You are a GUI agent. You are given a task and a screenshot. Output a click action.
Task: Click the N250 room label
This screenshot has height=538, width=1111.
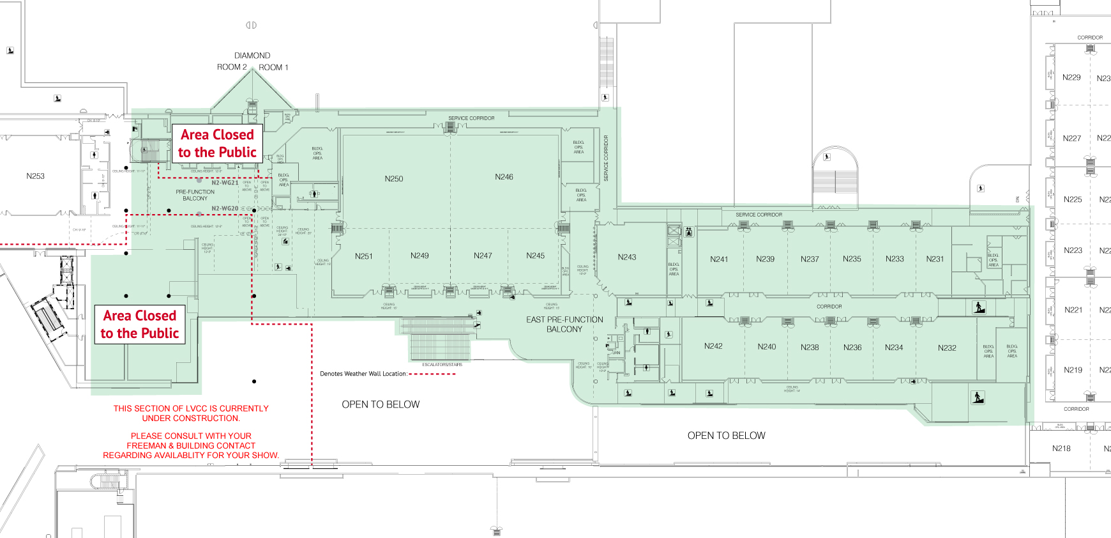393,179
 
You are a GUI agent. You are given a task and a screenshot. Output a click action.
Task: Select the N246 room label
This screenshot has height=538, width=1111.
504,177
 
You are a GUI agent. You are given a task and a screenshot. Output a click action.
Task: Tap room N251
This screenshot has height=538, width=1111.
363,256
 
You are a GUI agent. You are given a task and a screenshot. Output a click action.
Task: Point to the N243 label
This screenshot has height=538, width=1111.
626,257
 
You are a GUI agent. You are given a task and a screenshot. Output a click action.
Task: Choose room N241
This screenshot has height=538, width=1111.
718,259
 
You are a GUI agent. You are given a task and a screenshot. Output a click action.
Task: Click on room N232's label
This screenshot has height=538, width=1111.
947,348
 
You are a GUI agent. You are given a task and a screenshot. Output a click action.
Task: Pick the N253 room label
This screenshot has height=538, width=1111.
35,176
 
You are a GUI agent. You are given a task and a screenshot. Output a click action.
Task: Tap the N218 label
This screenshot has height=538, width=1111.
1061,449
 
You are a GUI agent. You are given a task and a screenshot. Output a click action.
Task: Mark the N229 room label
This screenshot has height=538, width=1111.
1071,77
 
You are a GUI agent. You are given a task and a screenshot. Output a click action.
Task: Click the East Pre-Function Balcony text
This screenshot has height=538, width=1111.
564,324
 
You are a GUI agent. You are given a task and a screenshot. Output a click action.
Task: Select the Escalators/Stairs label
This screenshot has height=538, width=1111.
442,365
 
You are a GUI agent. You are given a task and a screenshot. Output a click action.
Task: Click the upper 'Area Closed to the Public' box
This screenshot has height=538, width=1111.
217,143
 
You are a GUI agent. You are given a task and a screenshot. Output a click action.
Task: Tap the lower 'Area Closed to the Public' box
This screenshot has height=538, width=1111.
140,325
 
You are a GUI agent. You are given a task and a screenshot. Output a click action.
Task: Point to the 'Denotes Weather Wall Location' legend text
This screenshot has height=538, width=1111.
363,374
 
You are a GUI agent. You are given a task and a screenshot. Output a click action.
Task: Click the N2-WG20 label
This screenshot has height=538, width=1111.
225,209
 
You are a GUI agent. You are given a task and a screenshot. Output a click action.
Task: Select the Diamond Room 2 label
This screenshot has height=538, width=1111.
232,67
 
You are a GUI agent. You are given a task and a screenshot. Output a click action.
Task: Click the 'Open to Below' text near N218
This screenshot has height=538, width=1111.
726,436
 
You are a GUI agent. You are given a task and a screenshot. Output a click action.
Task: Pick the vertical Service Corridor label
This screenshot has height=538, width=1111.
606,158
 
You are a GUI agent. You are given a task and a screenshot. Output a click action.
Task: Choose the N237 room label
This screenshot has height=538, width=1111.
809,259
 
